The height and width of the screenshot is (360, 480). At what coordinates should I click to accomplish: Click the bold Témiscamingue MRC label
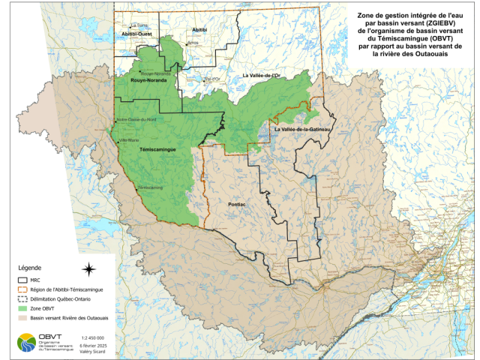157,150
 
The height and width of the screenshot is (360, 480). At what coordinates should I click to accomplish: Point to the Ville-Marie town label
127,139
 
